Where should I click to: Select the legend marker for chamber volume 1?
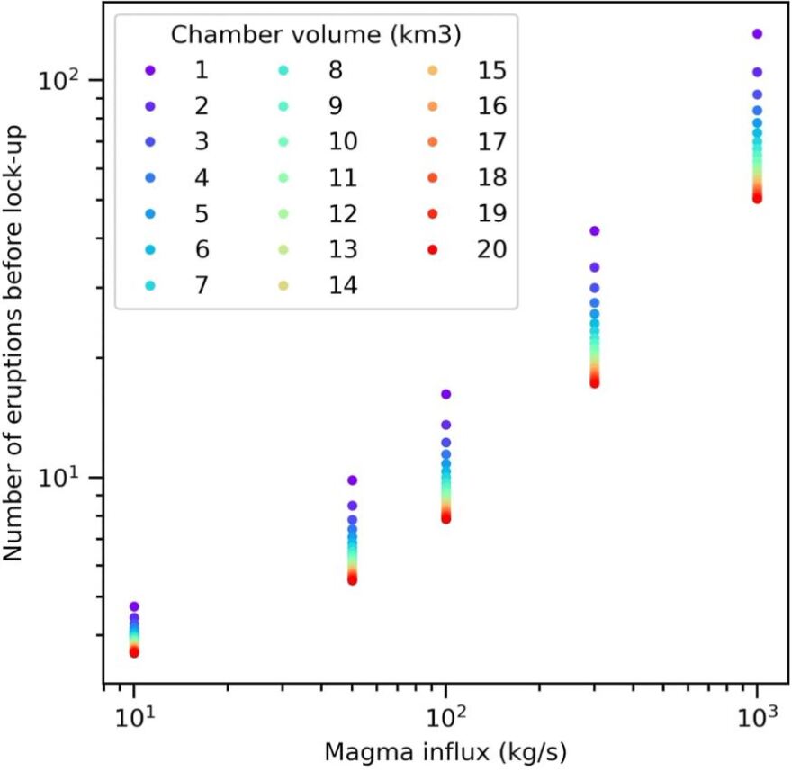[x=150, y=70]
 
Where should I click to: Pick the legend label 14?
[x=342, y=285]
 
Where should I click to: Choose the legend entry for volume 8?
[x=342, y=70]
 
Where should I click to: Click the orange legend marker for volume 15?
[x=433, y=70]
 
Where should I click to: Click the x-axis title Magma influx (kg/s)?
[x=445, y=751]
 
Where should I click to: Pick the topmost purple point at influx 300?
[x=594, y=231]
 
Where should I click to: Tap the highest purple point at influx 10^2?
[x=445, y=394]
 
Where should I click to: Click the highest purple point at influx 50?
[x=353, y=480]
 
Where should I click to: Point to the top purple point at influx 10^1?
[x=134, y=606]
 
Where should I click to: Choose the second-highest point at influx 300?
[x=594, y=267]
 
